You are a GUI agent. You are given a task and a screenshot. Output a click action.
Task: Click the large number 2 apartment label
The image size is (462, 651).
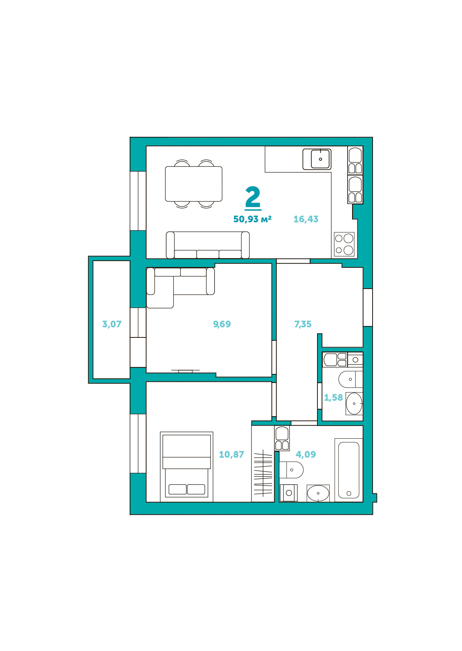(x=253, y=197)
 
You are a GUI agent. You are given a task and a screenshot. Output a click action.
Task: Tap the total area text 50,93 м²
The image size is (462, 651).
(x=252, y=219)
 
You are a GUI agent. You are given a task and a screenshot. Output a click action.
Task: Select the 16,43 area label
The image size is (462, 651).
(x=306, y=219)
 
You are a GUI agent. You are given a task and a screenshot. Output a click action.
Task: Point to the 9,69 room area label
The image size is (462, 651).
(x=222, y=324)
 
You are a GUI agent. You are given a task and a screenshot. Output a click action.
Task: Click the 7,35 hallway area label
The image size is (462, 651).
(x=303, y=324)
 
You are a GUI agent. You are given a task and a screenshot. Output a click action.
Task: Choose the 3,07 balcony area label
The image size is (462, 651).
(x=112, y=324)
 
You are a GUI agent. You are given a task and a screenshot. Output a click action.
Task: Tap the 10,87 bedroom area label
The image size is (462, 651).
(x=231, y=455)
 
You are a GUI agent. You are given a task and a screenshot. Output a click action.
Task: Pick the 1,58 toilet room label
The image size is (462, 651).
(x=333, y=398)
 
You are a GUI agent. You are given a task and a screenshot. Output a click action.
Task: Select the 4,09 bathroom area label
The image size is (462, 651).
(x=306, y=455)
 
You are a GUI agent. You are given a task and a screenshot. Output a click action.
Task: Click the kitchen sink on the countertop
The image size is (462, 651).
(x=317, y=159)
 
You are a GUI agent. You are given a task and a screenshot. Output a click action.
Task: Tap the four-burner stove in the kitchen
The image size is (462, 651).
(x=344, y=244)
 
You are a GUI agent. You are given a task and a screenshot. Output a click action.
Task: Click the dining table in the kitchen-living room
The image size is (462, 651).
(x=194, y=184)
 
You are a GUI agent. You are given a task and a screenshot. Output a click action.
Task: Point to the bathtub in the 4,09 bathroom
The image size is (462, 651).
(x=349, y=470)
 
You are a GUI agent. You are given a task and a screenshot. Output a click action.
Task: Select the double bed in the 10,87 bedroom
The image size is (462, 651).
(x=187, y=467)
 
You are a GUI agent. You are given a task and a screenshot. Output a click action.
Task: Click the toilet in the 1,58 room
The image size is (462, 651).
(x=351, y=379)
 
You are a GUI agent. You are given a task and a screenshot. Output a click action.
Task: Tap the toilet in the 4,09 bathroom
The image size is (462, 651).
(x=291, y=470)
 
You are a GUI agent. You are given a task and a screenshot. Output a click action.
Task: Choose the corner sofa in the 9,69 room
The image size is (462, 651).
(x=181, y=287)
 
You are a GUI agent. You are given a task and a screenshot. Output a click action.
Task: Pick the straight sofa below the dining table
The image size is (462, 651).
(x=208, y=245)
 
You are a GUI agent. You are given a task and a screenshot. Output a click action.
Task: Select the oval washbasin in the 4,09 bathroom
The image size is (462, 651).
(x=318, y=493)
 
